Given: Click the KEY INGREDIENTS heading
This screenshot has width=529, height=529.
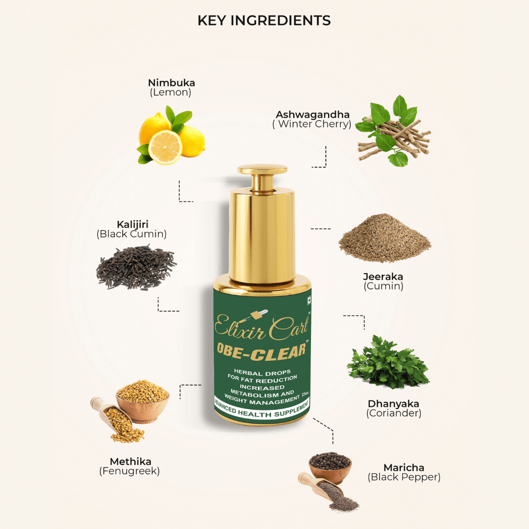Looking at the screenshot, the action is pos(264,21).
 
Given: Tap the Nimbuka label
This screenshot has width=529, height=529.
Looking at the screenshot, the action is pos(171,83).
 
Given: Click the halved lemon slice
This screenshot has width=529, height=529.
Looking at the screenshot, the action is pos(165,148).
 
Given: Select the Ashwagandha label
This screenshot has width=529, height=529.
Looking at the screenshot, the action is pos(313,115).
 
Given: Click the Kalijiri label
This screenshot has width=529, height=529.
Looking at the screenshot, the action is pos(133,224).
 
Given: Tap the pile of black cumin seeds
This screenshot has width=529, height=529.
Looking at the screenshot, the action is pos(136,268).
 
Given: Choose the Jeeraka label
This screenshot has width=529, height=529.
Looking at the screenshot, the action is pos(383,277).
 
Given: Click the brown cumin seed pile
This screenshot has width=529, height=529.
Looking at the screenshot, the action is pos(385,238).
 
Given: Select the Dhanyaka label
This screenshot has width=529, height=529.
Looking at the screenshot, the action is pos(394,404).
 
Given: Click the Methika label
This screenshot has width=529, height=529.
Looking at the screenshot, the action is pos(130,461).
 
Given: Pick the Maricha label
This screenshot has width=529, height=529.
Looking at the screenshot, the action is pos(404,468).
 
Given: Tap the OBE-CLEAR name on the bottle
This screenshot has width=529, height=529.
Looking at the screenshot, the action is pos(261,351).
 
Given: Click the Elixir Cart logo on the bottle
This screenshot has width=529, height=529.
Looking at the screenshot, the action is pos(261,325).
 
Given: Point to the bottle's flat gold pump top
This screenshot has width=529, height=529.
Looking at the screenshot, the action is pos(262,169).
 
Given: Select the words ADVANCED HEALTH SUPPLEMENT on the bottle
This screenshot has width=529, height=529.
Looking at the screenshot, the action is pos(262,409).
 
